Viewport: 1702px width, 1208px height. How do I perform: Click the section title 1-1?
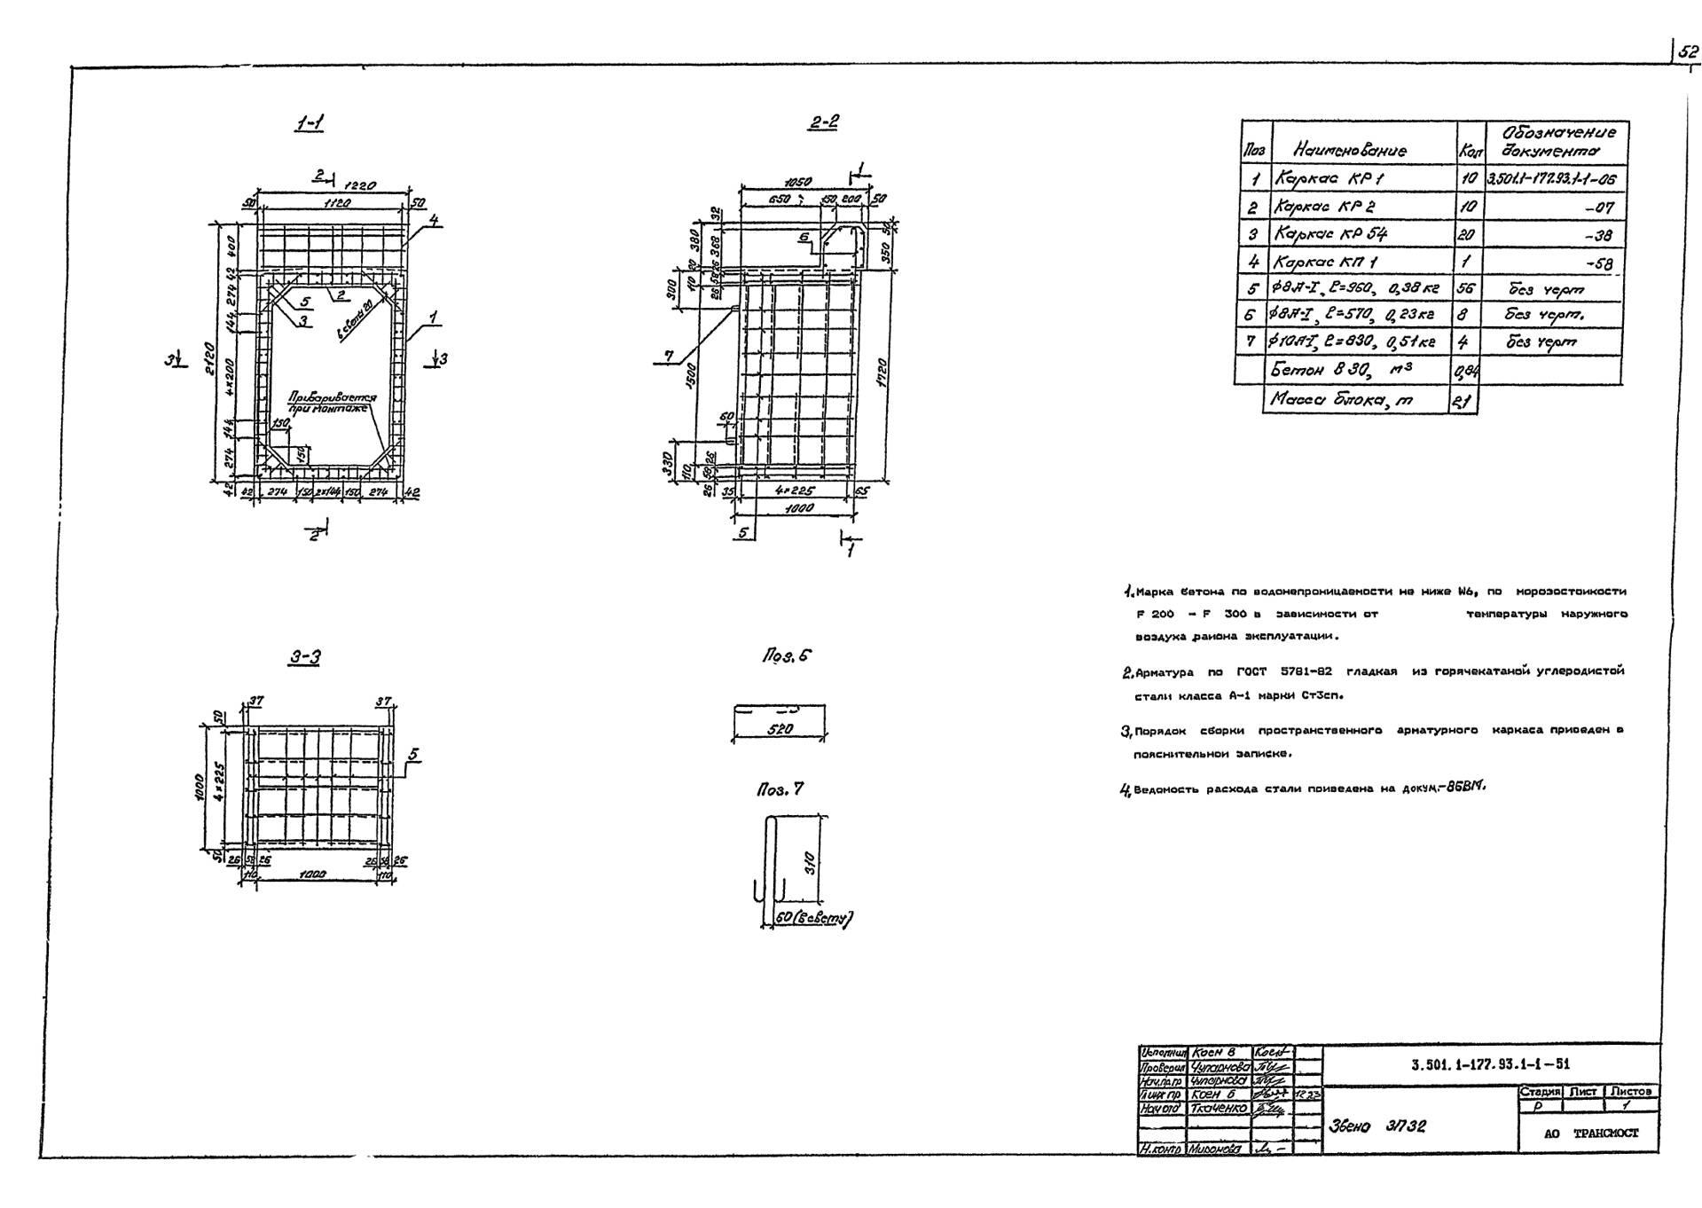tap(310, 123)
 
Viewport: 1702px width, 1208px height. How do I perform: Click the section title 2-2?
tap(823, 122)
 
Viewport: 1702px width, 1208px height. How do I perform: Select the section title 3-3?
tap(304, 656)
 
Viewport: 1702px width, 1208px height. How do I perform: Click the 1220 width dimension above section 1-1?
tap(360, 186)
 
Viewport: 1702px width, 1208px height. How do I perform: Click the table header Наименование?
tap(1350, 151)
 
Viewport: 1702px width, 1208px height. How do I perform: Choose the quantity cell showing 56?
tap(1466, 289)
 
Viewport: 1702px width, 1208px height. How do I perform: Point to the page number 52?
tap(1687, 52)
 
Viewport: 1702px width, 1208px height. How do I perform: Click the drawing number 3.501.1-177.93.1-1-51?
tap(1489, 1065)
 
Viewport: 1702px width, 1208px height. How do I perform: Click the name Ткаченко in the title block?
tap(1219, 1109)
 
